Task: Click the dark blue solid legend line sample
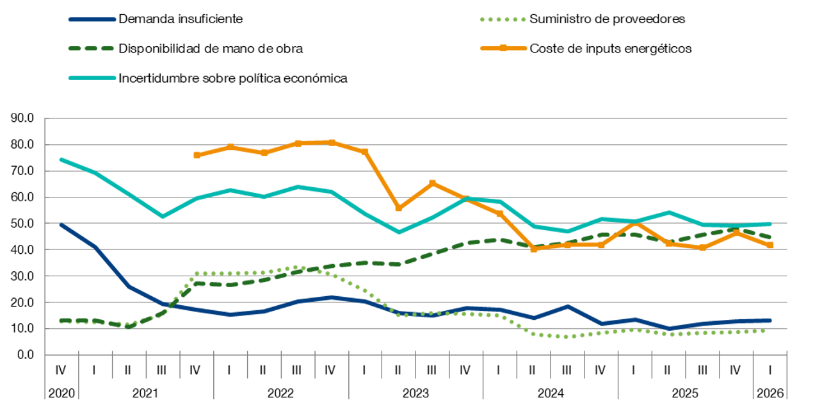point(92,19)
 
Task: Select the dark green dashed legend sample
point(92,48)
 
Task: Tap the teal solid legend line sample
point(92,78)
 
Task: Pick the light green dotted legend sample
point(503,19)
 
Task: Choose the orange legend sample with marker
point(503,48)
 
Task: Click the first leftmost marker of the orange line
point(197,155)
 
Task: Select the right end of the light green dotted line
point(764,331)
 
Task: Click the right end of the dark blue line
point(770,321)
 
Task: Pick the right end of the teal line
point(770,224)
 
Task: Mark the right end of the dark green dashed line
point(770,238)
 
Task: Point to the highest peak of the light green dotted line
point(298,267)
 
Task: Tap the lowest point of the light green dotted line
point(567,337)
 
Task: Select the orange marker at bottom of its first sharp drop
point(399,208)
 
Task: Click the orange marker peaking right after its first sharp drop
point(433,183)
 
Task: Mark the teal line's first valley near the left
point(163,217)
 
